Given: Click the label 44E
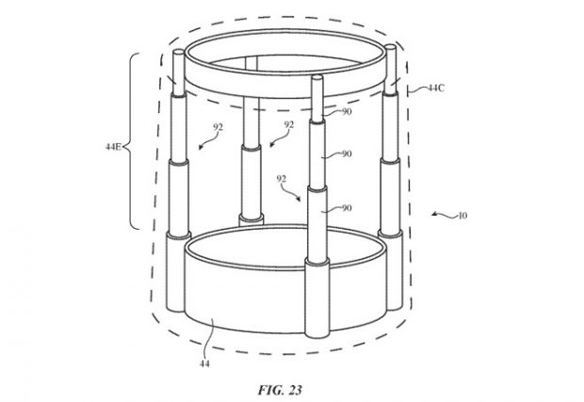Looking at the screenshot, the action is (x=113, y=147).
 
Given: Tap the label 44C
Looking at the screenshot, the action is (x=435, y=88).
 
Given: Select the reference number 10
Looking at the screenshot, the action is (x=462, y=216).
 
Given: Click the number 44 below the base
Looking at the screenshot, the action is (x=204, y=363).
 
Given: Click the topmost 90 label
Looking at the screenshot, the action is (x=347, y=111).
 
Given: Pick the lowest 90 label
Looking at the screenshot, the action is (x=347, y=208).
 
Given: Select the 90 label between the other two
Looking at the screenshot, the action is (x=347, y=153).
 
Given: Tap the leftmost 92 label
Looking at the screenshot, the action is (x=218, y=127).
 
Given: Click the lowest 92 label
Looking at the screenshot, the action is (x=282, y=179).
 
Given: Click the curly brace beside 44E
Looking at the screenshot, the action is (x=131, y=141).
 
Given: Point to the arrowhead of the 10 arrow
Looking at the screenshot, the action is (x=434, y=214).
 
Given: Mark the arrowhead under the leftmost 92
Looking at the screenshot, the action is (x=202, y=147).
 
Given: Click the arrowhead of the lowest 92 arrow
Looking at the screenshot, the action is (x=298, y=199).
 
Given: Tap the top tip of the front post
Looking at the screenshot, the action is (x=316, y=76).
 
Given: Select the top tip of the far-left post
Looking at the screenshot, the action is (x=179, y=52).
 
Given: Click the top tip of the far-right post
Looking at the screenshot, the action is (x=391, y=46).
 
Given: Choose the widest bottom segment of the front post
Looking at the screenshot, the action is (x=317, y=298).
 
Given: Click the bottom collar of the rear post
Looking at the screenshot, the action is (x=251, y=219).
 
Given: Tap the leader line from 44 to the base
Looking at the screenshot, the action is (x=211, y=338).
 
